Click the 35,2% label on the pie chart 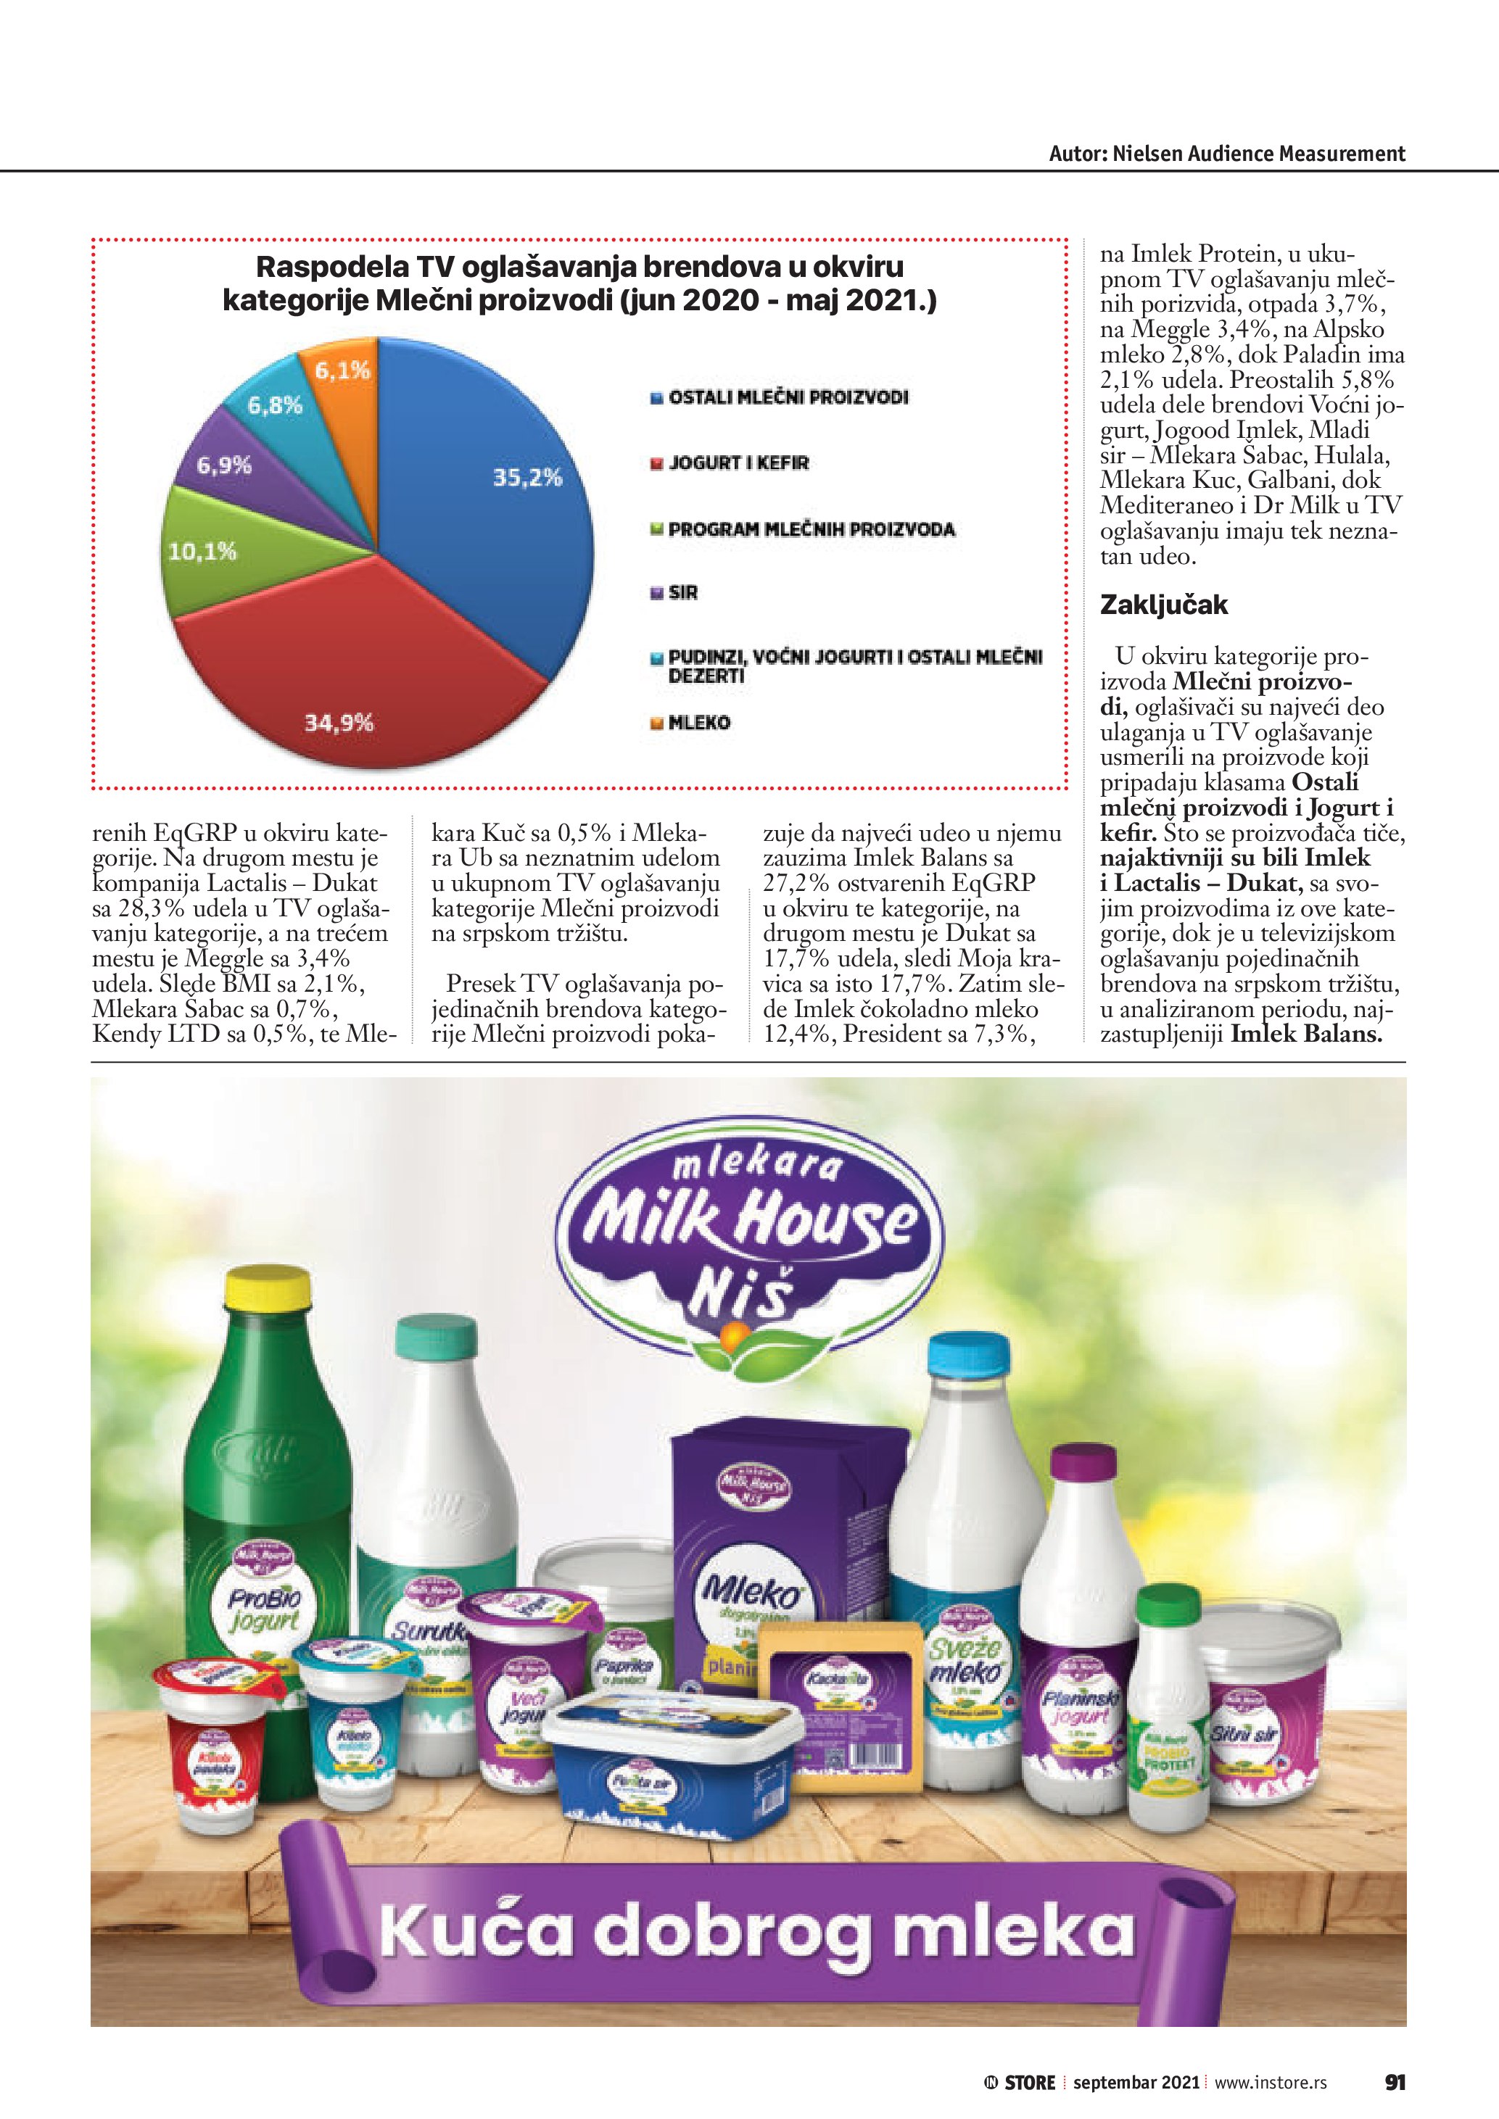coord(527,477)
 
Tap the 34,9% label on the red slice coord(339,722)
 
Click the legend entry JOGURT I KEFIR coord(738,463)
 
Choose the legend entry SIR coord(682,592)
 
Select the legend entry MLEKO coord(698,723)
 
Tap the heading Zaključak coord(1163,605)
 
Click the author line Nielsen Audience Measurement coord(1227,153)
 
